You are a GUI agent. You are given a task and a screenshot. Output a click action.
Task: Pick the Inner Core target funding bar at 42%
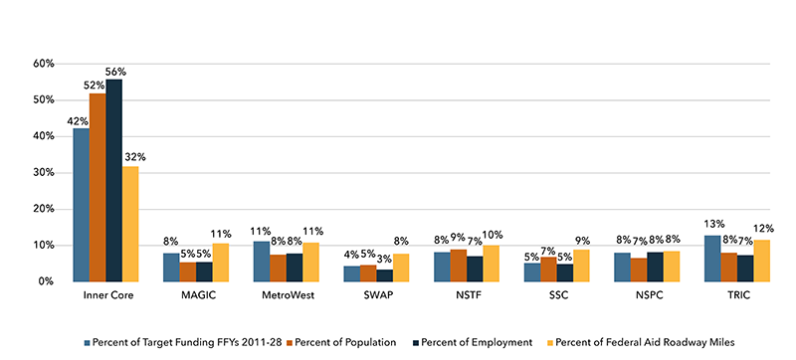pos(81,205)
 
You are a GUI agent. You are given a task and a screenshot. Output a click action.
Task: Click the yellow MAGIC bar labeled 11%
pos(220,263)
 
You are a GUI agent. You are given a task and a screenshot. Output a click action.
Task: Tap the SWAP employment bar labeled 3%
pos(384,275)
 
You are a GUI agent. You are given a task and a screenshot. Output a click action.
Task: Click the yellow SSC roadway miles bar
pos(581,266)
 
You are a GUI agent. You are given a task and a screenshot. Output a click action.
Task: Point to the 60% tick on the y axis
pos(42,64)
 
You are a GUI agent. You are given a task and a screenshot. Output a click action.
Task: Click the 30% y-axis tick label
pos(42,173)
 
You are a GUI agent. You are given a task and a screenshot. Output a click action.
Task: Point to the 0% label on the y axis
pos(45,281)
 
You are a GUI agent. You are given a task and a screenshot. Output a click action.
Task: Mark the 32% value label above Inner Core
pos(135,157)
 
